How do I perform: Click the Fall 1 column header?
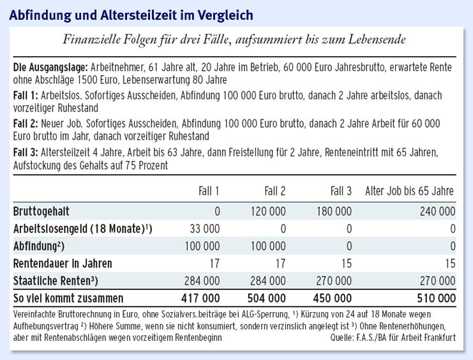pos(208,191)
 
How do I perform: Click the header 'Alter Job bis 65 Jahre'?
pos(410,191)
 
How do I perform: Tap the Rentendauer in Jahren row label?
pos(63,262)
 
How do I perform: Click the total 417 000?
pos(200,298)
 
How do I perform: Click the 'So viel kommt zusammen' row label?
pos(68,298)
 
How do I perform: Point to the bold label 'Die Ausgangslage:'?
pos(50,67)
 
